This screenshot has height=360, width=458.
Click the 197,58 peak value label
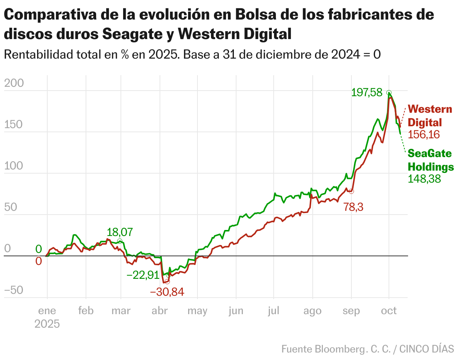(x=366, y=92)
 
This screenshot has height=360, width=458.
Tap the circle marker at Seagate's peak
(x=389, y=93)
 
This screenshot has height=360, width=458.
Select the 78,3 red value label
(x=353, y=207)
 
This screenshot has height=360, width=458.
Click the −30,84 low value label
(x=167, y=292)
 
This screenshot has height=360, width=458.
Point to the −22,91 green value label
(x=143, y=275)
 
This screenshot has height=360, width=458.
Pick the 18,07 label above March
(x=120, y=232)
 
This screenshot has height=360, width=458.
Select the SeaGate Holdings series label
(x=430, y=160)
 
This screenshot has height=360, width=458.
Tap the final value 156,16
(x=424, y=135)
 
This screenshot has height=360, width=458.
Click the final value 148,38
(x=424, y=179)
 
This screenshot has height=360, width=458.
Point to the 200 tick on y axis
(x=14, y=83)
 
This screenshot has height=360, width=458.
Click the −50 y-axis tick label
(x=14, y=290)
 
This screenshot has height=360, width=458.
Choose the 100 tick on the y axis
(x=14, y=166)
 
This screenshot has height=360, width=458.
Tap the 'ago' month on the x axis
(x=312, y=311)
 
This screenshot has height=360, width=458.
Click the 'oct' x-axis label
(x=389, y=311)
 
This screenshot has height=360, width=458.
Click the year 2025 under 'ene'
(x=47, y=324)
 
